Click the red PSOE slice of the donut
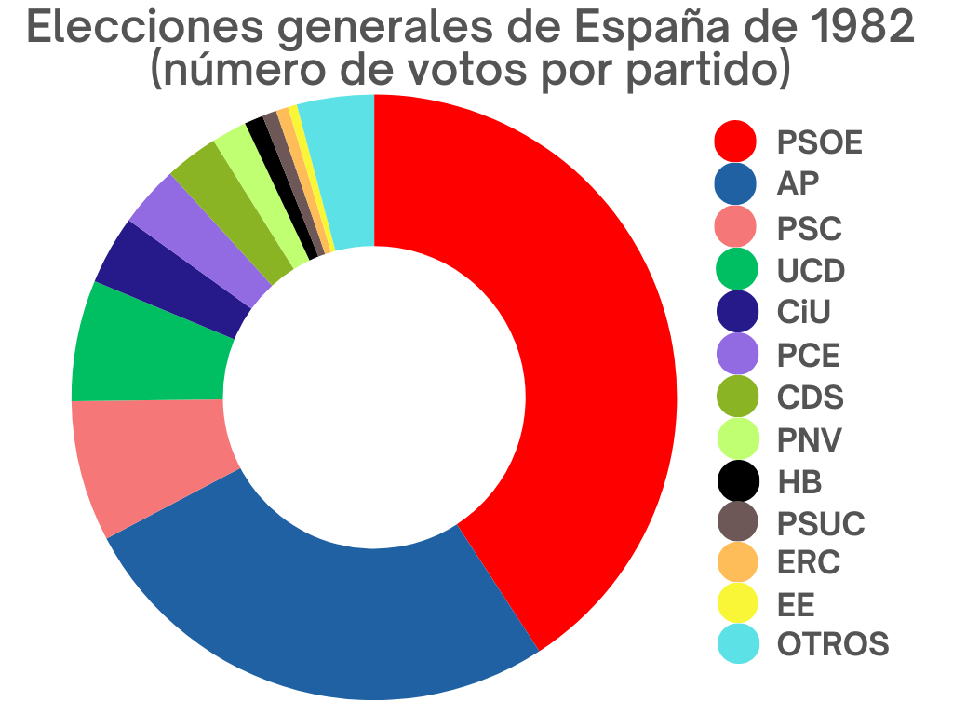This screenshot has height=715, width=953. [577, 372]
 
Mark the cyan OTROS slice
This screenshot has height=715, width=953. [340, 172]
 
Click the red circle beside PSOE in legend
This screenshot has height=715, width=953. [735, 142]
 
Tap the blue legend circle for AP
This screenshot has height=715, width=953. [735, 183]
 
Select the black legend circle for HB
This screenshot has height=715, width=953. [735, 481]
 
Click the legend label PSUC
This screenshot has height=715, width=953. [821, 523]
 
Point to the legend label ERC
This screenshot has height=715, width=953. [808, 563]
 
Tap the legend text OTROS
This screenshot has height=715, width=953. [833, 643]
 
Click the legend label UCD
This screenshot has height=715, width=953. [811, 271]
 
